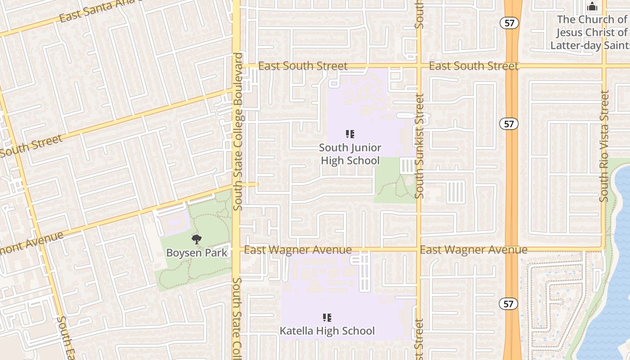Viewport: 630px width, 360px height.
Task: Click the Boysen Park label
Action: (197, 252)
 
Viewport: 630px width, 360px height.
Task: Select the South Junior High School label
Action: (350, 154)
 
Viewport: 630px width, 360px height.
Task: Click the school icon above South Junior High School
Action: (350, 134)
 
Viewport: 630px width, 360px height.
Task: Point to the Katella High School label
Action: (327, 331)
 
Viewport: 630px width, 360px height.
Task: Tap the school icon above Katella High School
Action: (327, 318)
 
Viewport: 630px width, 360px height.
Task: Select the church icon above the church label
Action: (592, 7)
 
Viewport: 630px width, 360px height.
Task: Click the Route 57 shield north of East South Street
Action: (509, 23)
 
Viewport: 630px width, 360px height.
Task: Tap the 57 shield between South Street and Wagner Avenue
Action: (509, 124)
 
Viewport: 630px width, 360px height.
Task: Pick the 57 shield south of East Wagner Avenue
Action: (508, 304)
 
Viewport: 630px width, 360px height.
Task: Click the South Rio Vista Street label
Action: (604, 146)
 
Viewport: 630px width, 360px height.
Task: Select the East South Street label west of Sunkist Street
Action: (303, 66)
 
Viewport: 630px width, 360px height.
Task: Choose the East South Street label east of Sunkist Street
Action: (473, 66)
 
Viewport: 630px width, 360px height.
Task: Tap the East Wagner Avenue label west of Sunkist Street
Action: (298, 250)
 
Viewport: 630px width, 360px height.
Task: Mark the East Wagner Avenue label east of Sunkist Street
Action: (473, 250)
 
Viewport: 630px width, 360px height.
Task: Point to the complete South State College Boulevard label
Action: (238, 132)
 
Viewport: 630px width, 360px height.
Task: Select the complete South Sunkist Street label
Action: (419, 146)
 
